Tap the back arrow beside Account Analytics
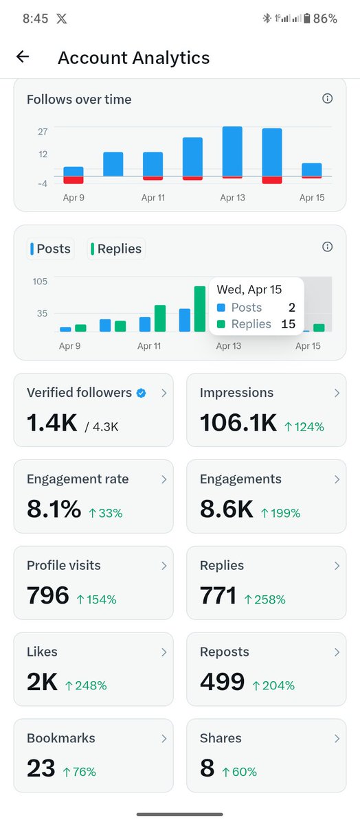(23, 57)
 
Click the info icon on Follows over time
(327, 99)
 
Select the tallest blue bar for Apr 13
(232, 151)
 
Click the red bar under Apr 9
(74, 180)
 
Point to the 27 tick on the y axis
(43, 131)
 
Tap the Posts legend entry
(51, 249)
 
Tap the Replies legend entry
(115, 249)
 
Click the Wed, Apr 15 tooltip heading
(249, 290)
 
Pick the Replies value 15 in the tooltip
(288, 323)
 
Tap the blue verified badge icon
(141, 393)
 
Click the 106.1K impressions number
(238, 423)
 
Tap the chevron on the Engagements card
(337, 479)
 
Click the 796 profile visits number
(48, 596)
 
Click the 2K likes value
(42, 682)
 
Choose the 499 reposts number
(223, 682)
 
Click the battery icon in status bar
(306, 19)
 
